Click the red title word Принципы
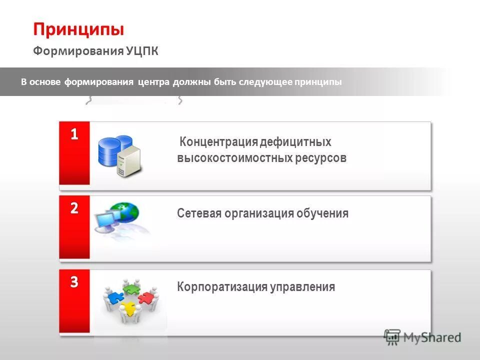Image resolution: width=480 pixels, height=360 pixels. tap(78, 29)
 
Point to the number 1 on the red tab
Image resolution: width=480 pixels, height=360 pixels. tap(74, 134)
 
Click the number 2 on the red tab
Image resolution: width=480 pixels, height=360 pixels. tap(74, 208)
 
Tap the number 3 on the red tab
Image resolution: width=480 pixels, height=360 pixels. tap(74, 282)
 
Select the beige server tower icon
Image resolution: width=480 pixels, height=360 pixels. tap(129, 161)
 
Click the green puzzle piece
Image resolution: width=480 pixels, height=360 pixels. tap(130, 288)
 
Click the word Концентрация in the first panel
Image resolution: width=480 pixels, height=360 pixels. tap(218, 142)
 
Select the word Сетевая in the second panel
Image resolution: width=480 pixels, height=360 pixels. tap(198, 213)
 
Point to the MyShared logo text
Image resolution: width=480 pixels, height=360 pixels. tap(432, 337)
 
